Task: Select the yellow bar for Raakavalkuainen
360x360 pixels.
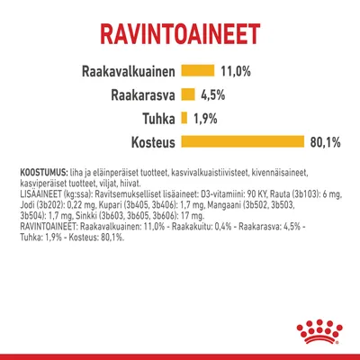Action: click(197, 70)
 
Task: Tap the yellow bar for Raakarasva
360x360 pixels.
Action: click(188, 94)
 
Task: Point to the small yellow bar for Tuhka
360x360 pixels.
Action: click(184, 117)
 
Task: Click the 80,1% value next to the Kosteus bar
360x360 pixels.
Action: click(333, 141)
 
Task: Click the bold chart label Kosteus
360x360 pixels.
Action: click(146, 141)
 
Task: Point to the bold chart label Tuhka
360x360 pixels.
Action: click(155, 117)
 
